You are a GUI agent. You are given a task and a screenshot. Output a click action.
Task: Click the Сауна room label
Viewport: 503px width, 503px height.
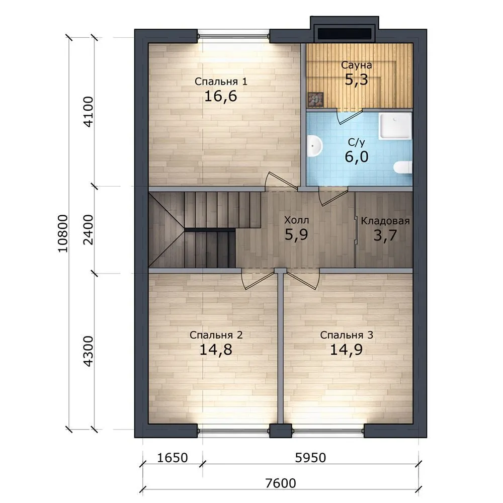coord(356,65)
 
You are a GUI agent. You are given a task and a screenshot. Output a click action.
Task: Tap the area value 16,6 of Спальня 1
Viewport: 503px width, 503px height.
coord(221,96)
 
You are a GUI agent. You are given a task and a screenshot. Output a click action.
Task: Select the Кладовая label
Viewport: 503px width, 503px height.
coord(385,221)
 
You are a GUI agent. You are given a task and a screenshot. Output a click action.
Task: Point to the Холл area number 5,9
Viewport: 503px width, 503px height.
coord(296,234)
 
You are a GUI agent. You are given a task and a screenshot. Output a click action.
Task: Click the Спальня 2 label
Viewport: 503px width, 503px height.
coord(216,335)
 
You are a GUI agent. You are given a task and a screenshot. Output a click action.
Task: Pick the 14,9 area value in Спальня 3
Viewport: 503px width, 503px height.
coord(346,350)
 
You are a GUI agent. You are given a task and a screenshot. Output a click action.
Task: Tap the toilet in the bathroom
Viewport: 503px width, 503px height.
coord(403,167)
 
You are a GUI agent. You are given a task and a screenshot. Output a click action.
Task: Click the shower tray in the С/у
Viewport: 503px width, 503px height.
coord(395,126)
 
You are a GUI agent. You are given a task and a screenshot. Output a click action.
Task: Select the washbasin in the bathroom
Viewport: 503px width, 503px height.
coord(314,146)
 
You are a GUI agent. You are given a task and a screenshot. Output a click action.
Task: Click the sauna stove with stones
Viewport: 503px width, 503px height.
coord(315,100)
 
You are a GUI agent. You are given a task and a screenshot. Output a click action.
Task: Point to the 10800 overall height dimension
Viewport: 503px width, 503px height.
coord(63,233)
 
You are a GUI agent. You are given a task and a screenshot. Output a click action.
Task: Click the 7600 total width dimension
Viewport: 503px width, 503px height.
coord(281,483)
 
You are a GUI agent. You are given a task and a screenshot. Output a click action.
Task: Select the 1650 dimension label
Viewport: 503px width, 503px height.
coord(172,458)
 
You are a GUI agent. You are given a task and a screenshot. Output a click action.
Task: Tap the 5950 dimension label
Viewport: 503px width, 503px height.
coord(310,458)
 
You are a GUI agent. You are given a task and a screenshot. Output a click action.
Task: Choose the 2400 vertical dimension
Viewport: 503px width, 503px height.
coord(88,230)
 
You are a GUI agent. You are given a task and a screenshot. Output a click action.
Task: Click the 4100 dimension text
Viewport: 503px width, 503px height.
coord(88,112)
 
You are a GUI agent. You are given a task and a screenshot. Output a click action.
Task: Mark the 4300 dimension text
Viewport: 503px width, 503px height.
coord(88,351)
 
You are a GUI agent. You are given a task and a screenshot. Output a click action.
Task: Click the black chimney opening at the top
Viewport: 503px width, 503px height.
coord(344,33)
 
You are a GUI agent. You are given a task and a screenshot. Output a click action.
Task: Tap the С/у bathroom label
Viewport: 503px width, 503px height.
coord(357,142)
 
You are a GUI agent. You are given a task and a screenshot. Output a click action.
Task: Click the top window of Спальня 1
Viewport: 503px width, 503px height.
coord(233,36)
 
